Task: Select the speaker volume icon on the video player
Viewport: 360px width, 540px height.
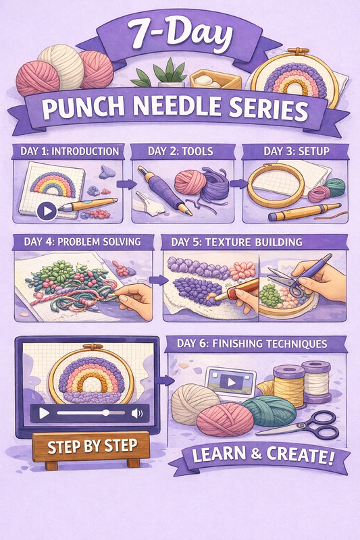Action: click(x=137, y=412)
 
